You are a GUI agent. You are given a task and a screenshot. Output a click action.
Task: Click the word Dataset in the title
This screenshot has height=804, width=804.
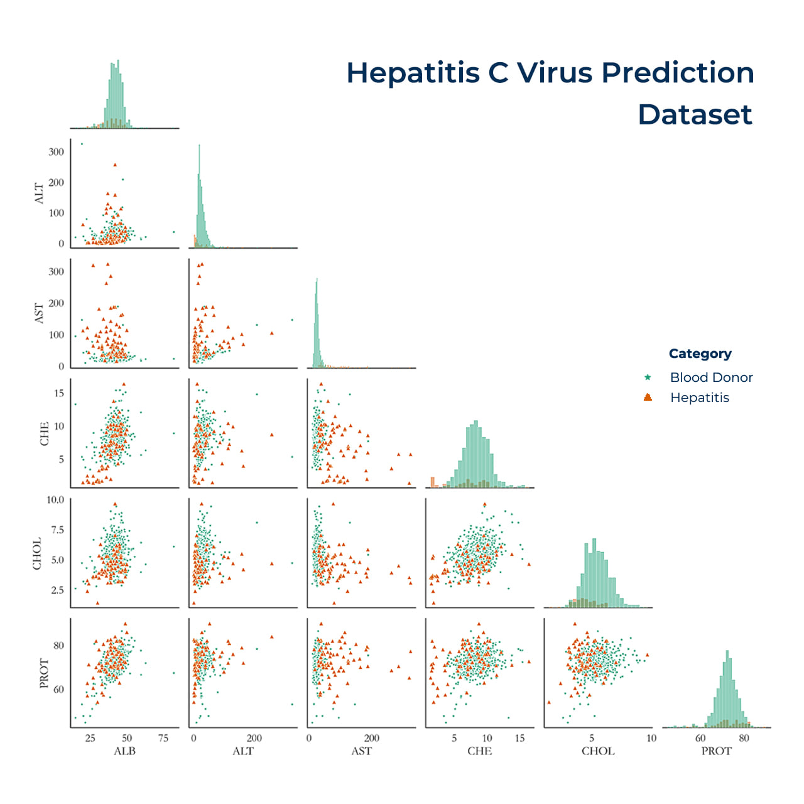[695, 114]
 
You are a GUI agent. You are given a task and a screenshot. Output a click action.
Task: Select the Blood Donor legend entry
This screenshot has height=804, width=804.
[711, 378]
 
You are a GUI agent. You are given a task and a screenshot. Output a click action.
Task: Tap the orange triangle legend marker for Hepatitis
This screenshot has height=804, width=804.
[648, 398]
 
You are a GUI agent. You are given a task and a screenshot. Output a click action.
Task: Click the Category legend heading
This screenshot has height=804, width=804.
[700, 354]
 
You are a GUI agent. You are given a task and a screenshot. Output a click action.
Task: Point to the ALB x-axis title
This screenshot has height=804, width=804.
[124, 751]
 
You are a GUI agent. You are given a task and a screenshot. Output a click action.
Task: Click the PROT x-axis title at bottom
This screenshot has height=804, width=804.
[716, 751]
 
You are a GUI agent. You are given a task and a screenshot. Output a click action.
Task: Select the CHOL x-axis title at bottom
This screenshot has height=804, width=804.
[597, 751]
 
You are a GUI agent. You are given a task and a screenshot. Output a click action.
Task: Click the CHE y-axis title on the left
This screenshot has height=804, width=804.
[44, 433]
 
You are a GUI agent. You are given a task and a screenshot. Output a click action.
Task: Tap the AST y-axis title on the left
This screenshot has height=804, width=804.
[39, 313]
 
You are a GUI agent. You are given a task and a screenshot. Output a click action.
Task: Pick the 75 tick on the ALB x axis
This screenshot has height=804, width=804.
[163, 738]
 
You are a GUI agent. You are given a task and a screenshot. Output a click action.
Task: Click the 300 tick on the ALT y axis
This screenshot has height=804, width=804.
[56, 152]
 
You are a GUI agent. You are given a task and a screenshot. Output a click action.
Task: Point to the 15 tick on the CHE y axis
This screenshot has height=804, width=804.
[59, 393]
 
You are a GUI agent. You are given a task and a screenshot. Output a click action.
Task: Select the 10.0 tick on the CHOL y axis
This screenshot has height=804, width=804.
[55, 500]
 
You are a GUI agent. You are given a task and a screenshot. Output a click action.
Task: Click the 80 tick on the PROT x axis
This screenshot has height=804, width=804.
[744, 738]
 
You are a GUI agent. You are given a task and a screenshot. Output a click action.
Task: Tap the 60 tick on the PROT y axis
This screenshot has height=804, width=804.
[58, 689]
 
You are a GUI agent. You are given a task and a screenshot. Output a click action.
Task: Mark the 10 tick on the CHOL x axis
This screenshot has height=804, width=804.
[651, 738]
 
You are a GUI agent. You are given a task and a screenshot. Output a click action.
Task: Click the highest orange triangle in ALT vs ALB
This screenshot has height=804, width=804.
[115, 165]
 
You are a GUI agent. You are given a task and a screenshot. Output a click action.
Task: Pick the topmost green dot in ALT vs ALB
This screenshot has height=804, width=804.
[81, 144]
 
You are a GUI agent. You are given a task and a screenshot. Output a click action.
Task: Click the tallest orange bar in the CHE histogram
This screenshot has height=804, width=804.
[432, 482]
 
